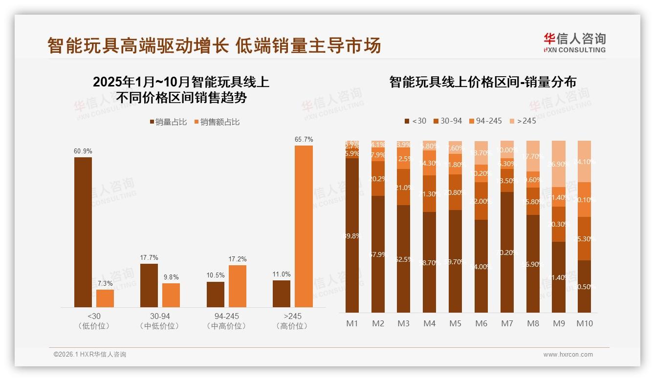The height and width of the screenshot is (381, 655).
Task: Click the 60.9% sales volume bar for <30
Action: point(83,232)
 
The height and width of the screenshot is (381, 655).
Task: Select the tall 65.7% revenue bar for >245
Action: point(304,226)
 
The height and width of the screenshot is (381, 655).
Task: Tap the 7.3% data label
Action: point(105,283)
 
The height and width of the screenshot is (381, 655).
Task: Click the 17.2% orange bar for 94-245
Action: point(238,286)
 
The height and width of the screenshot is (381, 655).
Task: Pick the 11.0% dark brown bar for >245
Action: point(282,294)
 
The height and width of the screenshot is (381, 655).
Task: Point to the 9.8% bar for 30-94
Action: point(171,295)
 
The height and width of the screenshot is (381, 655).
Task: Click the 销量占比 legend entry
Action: point(168,122)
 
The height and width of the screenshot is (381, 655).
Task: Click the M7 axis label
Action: point(507,323)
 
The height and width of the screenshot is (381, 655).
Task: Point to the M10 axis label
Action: point(584,323)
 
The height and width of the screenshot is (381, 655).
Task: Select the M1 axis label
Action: point(352,323)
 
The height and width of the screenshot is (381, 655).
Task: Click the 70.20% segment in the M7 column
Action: point(507,252)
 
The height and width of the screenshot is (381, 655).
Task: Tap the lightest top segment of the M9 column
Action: point(559,164)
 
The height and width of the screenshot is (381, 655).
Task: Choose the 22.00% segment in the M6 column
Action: point(481,201)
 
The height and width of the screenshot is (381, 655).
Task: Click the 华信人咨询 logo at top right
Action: point(574,42)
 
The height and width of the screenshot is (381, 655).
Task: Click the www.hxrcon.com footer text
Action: point(568,355)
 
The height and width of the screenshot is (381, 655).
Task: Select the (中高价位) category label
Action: point(226,326)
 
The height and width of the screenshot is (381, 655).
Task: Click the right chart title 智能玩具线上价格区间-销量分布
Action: point(482,82)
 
